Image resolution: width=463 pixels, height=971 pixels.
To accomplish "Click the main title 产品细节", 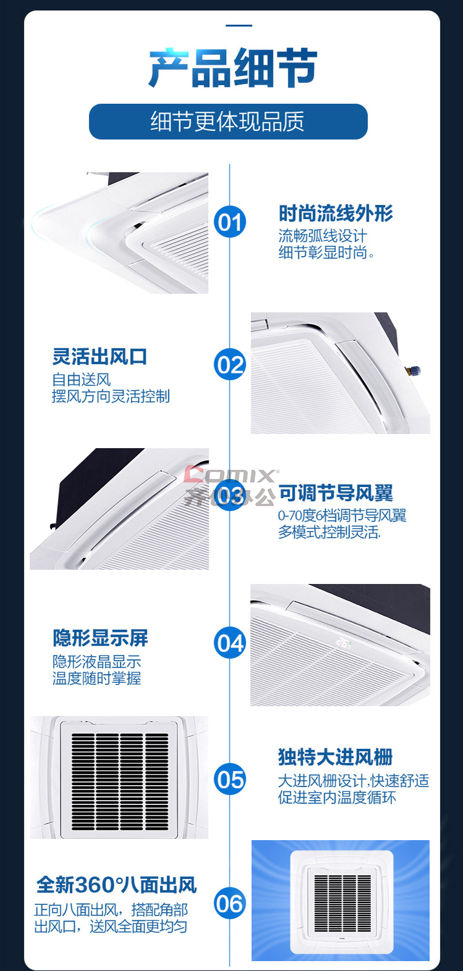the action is [233, 68].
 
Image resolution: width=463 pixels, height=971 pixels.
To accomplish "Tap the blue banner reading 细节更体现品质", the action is [228, 122].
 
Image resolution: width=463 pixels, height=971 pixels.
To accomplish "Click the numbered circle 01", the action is [230, 222].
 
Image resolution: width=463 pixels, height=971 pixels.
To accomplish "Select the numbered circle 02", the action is [230, 364].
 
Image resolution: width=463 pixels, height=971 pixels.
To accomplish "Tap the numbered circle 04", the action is [230, 643].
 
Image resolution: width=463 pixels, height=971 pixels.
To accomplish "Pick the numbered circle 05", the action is [230, 779].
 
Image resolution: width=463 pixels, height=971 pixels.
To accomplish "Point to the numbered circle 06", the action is [230, 903].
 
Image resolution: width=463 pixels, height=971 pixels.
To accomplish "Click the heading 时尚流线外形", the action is [336, 213].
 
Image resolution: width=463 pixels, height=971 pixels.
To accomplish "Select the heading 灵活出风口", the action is [100, 357].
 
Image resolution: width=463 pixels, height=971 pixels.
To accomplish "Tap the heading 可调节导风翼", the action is [336, 493].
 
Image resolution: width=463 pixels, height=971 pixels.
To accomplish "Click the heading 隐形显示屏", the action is [100, 638].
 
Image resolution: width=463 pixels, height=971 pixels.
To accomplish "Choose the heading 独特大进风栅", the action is [335, 757].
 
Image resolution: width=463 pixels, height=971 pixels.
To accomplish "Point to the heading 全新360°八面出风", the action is [117, 885].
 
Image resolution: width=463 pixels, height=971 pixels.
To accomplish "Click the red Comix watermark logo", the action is [231, 475].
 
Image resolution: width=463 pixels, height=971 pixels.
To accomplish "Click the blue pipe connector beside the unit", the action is [413, 370].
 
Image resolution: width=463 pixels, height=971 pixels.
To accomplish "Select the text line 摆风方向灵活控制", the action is [111, 396].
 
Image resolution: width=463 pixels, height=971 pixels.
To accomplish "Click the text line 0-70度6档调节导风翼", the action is [342, 515].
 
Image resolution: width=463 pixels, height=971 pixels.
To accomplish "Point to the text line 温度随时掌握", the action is [97, 678].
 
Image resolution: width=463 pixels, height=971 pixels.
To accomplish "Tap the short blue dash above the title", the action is [239, 25].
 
